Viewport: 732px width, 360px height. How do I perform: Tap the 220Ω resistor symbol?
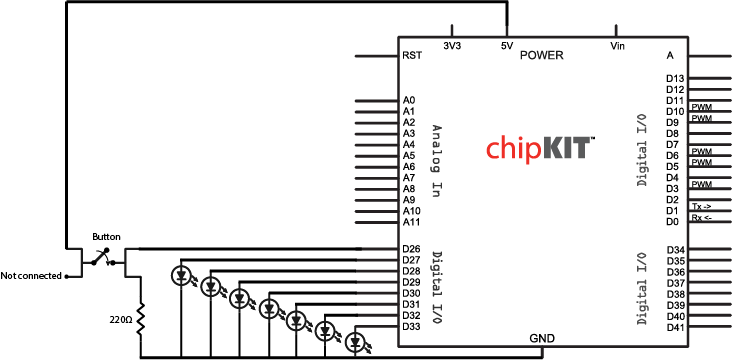point(141,320)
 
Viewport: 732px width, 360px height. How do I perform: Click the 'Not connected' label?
point(31,275)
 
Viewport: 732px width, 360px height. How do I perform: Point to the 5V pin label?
point(508,46)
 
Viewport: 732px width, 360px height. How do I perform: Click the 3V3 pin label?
point(452,46)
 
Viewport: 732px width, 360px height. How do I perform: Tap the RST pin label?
point(410,56)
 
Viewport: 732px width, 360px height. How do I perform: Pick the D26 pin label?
point(411,249)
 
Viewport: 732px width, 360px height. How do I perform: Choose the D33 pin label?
point(411,326)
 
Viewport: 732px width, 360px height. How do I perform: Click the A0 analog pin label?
point(409,100)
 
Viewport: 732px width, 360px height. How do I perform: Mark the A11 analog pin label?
point(411,222)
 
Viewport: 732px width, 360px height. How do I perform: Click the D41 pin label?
point(675,327)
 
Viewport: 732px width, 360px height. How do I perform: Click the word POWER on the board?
point(542,55)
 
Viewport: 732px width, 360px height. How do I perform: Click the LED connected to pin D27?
point(182,274)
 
